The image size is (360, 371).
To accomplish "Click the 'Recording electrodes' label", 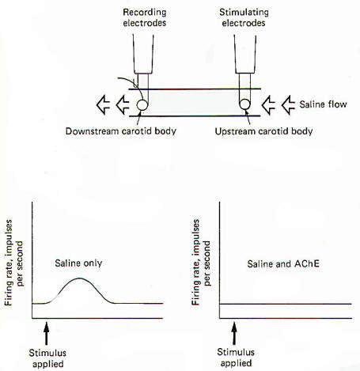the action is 145,17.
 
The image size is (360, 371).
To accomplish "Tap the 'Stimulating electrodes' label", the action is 244,17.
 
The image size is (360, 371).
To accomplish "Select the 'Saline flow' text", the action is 323,104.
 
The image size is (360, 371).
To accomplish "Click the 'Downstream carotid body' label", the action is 121,131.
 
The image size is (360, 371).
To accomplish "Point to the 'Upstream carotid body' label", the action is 263,131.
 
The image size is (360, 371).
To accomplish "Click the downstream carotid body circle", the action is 142,105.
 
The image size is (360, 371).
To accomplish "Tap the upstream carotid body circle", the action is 244,104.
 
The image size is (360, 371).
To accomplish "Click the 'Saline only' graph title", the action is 78,263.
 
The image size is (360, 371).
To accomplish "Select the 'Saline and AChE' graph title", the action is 283,263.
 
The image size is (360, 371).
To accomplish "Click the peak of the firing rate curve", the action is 79,278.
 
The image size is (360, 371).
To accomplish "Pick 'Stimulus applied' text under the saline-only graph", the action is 47,358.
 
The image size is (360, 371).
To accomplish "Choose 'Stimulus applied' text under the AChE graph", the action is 236,358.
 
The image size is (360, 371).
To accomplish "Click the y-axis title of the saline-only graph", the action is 13,263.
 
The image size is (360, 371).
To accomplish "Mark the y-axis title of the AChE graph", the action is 201,263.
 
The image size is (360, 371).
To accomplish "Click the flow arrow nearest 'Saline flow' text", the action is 288,104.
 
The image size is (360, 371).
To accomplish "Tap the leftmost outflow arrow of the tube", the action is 103,104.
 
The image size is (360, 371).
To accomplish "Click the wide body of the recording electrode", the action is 143,54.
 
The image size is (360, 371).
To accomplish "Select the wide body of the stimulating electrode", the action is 245,54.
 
